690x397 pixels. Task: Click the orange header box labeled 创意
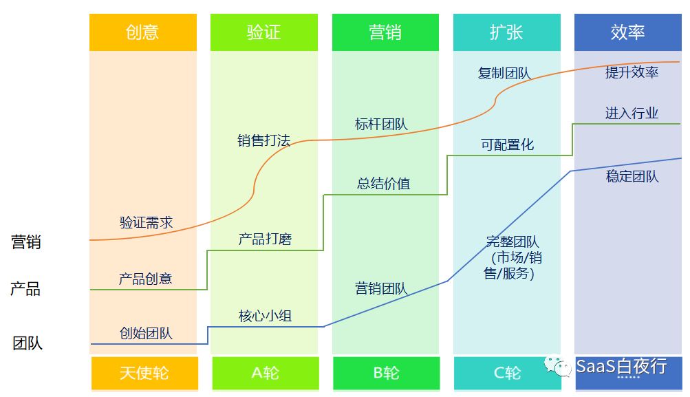pyautogui.click(x=142, y=32)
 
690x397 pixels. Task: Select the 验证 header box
pyautogui.click(x=264, y=32)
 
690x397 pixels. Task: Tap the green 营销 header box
pyautogui.click(x=385, y=32)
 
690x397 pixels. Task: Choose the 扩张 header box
pyautogui.click(x=506, y=32)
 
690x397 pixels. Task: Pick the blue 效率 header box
pyautogui.click(x=627, y=32)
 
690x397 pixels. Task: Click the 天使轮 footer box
pyautogui.click(x=144, y=373)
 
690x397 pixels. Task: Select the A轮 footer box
pyautogui.click(x=265, y=373)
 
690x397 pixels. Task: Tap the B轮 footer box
pyautogui.click(x=386, y=373)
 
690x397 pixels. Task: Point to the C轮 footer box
pyautogui.click(x=507, y=373)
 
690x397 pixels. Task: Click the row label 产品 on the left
pyautogui.click(x=25, y=289)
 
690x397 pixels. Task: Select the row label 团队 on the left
pyautogui.click(x=28, y=343)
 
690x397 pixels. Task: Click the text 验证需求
pyautogui.click(x=146, y=222)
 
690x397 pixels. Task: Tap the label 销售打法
pyautogui.click(x=264, y=141)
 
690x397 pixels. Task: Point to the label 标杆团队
pyautogui.click(x=381, y=125)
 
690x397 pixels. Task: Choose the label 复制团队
pyautogui.click(x=504, y=73)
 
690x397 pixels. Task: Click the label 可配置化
pyautogui.click(x=507, y=144)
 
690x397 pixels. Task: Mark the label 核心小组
pyautogui.click(x=265, y=316)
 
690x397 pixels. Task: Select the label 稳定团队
pyautogui.click(x=632, y=176)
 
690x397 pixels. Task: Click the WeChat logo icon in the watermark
pyautogui.click(x=558, y=366)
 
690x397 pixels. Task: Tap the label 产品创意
pyautogui.click(x=145, y=279)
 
